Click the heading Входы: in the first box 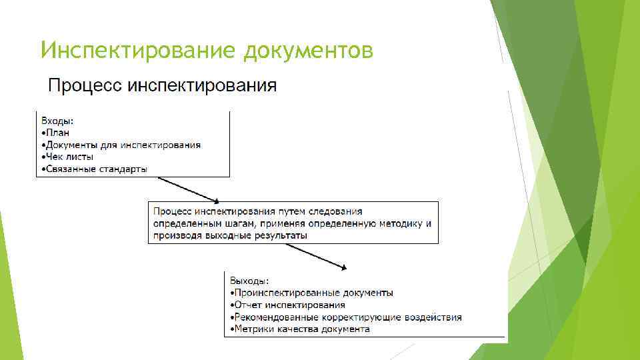point(58,121)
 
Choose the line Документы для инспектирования point(122,145)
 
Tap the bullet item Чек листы point(69,157)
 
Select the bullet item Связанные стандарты point(95,169)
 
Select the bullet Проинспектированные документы point(312,293)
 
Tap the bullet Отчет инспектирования point(289,305)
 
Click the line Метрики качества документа point(301,329)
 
